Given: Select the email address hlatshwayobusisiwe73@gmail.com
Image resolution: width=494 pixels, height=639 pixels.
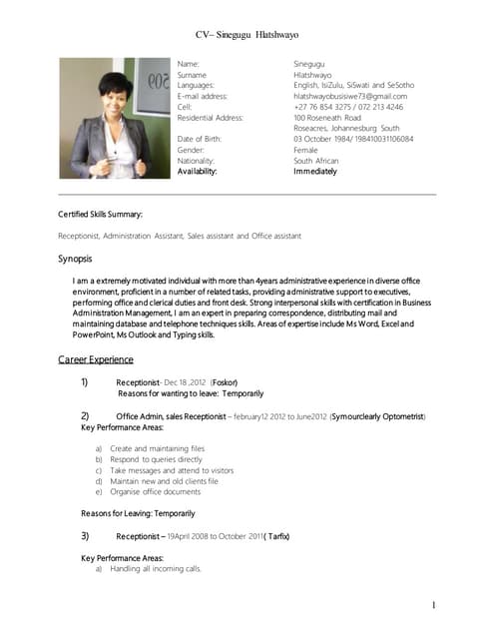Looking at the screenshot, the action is [350, 96].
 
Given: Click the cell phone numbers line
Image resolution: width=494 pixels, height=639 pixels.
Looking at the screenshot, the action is [348, 107].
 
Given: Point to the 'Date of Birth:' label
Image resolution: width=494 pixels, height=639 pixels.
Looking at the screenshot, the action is [204, 139].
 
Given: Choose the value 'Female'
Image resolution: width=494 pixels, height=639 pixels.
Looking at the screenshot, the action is [305, 150].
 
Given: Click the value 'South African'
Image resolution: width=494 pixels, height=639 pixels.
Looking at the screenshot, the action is [316, 161].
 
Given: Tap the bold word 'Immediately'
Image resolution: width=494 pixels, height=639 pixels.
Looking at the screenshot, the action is [315, 172].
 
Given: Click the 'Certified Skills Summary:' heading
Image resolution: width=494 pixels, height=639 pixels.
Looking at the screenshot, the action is [100, 215].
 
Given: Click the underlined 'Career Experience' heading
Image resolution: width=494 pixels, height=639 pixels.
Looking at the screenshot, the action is [96, 358].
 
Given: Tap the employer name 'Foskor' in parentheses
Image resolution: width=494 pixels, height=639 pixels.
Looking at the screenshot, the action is [225, 382].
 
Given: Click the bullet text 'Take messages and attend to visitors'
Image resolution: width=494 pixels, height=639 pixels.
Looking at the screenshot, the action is [172, 470].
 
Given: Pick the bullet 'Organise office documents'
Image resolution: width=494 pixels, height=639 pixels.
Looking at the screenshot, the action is [156, 492].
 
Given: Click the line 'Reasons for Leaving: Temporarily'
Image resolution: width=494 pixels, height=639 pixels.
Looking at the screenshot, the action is [138, 513].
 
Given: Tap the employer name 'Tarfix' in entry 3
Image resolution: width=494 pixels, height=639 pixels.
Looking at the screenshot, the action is [276, 536].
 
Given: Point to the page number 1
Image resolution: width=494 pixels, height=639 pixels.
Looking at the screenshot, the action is [435, 605].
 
